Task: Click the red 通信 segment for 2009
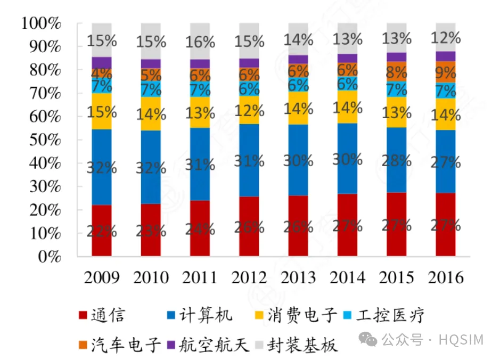click(101, 230)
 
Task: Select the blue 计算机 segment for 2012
click(249, 160)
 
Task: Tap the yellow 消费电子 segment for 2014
click(347, 107)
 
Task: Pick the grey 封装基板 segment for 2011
click(200, 41)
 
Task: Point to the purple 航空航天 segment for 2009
click(101, 63)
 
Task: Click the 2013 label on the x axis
click(298, 277)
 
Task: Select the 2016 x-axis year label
click(446, 277)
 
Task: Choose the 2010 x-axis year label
click(151, 277)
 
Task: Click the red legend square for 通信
click(83, 316)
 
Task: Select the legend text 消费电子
click(311, 315)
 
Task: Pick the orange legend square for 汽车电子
click(83, 345)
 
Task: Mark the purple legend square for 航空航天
click(171, 345)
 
